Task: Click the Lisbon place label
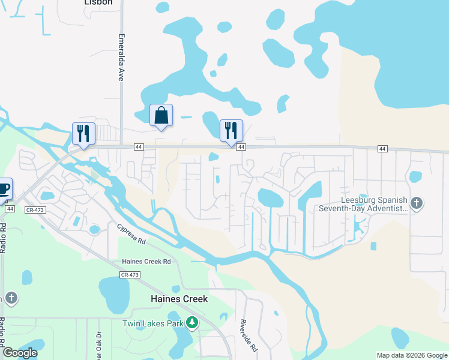[x=98, y=2]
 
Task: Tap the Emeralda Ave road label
[x=120, y=57]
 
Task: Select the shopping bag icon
[x=161, y=115]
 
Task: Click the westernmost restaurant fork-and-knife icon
[x=83, y=133]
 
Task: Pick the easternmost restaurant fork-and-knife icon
[x=231, y=130]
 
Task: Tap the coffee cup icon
[x=3, y=188]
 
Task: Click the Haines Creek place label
[x=179, y=299]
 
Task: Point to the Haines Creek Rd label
[x=146, y=262]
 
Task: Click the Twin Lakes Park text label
[x=152, y=323]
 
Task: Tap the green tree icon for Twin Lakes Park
[x=192, y=323]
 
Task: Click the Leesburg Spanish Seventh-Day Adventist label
[x=374, y=204]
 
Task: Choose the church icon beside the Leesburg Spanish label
[x=417, y=204]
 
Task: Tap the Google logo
[x=19, y=353]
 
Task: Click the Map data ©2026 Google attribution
[x=412, y=355]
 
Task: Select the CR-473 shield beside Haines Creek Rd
[x=130, y=275]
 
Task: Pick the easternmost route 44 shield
[x=382, y=148]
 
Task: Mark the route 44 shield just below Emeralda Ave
[x=139, y=147]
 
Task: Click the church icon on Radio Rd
[x=11, y=298]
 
